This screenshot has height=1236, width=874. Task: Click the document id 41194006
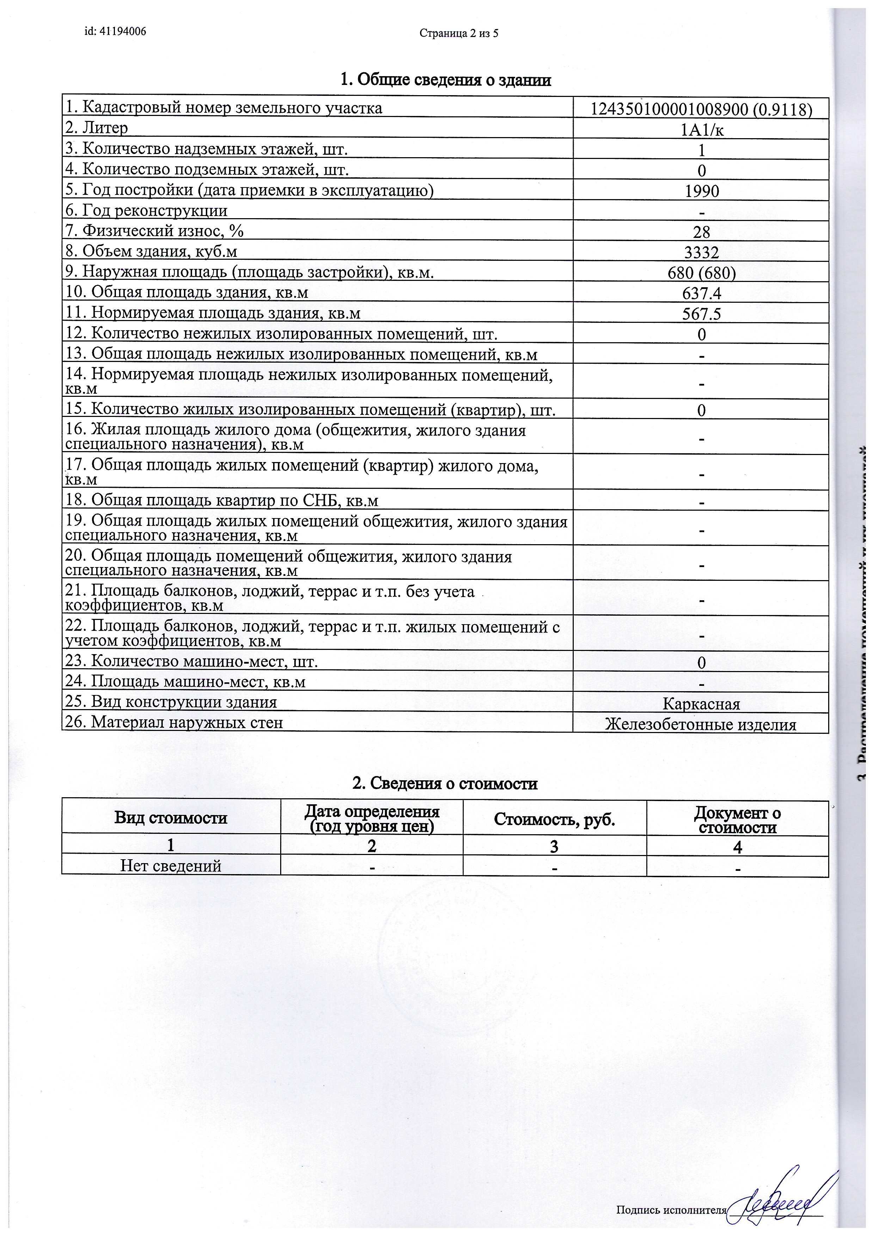click(115, 31)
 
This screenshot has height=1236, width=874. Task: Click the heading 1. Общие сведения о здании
click(445, 80)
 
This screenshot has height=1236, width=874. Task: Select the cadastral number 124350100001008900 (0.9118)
click(701, 109)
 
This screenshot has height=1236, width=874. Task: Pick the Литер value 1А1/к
click(701, 130)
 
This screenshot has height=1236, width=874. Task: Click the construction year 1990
click(702, 191)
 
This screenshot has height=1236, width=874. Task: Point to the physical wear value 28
click(702, 232)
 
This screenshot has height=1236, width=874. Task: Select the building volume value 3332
click(702, 252)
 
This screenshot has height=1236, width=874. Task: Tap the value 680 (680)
click(701, 273)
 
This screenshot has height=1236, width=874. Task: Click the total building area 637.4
click(702, 293)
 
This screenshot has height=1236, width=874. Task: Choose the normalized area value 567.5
click(702, 314)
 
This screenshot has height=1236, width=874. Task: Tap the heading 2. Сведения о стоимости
click(444, 783)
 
